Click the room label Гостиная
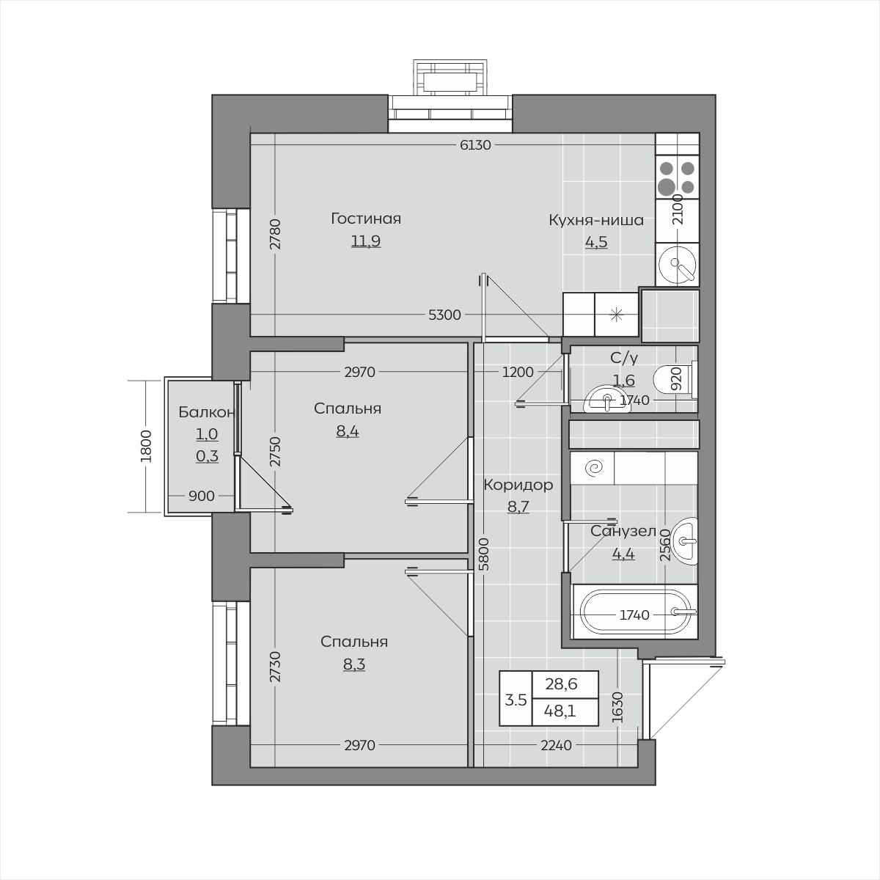[366, 219]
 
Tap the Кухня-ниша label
[596, 220]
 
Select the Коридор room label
[518, 485]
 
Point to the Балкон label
[206, 412]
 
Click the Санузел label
[623, 531]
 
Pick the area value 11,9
[366, 241]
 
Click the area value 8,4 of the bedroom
[348, 431]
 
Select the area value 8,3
[354, 664]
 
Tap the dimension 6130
[475, 145]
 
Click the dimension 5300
[444, 315]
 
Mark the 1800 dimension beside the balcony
[146, 446]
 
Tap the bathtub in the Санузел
[634, 612]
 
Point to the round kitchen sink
[678, 264]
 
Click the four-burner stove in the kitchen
[678, 177]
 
